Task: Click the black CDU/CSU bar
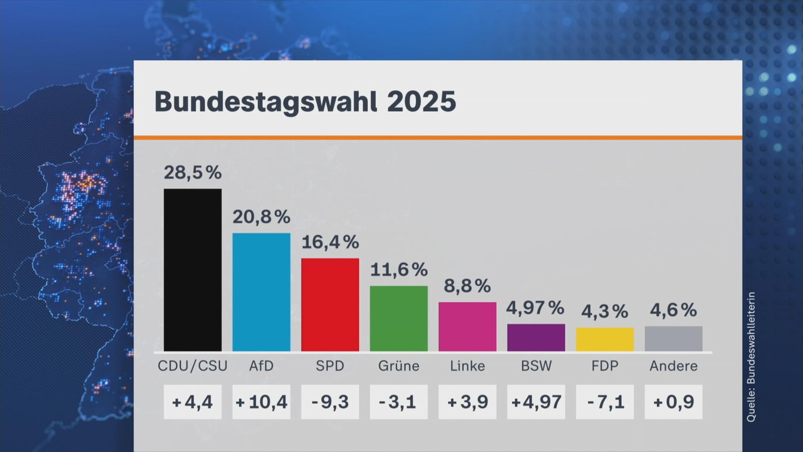[x=192, y=270]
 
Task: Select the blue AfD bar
[x=261, y=292]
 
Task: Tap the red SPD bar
[x=330, y=305]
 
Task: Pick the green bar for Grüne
[x=399, y=318]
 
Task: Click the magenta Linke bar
[x=467, y=326]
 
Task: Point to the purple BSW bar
[x=536, y=337]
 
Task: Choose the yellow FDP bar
[x=605, y=339]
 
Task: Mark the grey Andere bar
[x=673, y=339]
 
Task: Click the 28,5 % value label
[x=192, y=172]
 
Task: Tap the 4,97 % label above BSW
[x=535, y=308]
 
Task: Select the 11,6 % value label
[x=399, y=270]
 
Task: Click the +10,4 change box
[x=261, y=402]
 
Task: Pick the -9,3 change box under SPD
[x=330, y=402]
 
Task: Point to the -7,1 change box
[x=605, y=402]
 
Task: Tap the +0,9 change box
[x=673, y=402]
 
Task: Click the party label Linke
[x=467, y=366]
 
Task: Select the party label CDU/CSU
[x=192, y=366]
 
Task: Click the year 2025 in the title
[x=421, y=101]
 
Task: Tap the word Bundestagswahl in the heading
[x=266, y=102]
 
